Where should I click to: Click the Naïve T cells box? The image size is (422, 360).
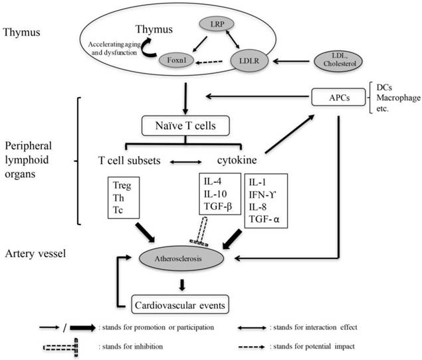(x=185, y=124)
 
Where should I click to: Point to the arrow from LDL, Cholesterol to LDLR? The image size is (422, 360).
(x=292, y=60)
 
